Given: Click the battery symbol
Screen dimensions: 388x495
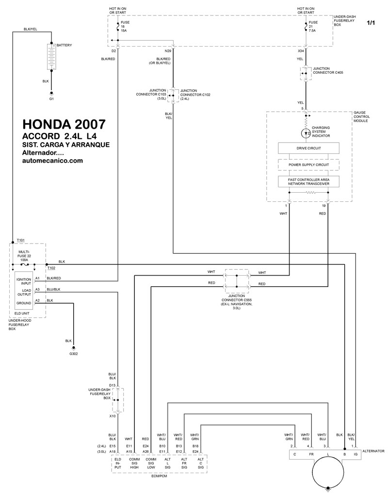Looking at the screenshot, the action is pyautogui.click(x=51, y=57).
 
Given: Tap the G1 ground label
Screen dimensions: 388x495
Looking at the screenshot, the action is pyautogui.click(x=51, y=99).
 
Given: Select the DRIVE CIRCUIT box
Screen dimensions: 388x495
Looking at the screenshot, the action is pyautogui.click(x=308, y=148).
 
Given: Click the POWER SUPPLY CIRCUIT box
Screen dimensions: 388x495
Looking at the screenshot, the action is pyautogui.click(x=308, y=165).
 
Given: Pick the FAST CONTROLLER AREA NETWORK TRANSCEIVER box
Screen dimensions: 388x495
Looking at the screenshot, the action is pyautogui.click(x=308, y=181).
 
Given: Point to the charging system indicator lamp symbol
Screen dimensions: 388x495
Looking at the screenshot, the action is pyautogui.click(x=306, y=133).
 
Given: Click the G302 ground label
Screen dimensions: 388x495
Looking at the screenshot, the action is pyautogui.click(x=74, y=354).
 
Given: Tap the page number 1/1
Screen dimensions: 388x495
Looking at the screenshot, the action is pyautogui.click(x=371, y=23).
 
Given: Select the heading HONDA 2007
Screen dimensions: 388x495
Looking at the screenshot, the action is pyautogui.click(x=64, y=124).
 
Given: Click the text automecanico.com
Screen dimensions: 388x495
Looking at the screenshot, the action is pyautogui.click(x=53, y=160).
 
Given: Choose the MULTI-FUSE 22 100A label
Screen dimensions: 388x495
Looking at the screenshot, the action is pyautogui.click(x=24, y=256).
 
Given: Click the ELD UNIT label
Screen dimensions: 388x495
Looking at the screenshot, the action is pyautogui.click(x=22, y=313).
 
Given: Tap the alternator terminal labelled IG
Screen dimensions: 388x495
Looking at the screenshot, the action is pyautogui.click(x=356, y=454).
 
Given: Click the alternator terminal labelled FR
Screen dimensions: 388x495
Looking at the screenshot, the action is pyautogui.click(x=311, y=454).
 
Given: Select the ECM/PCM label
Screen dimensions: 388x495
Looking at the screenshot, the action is pyautogui.click(x=159, y=476).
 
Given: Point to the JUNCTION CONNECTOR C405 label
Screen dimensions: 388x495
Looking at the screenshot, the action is pyautogui.click(x=328, y=70).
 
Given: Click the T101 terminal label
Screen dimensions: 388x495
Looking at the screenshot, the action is pyautogui.click(x=20, y=240).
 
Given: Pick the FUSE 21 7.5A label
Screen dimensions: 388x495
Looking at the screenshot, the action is pyautogui.click(x=313, y=27).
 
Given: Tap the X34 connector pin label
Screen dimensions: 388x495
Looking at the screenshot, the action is pyautogui.click(x=301, y=51).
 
